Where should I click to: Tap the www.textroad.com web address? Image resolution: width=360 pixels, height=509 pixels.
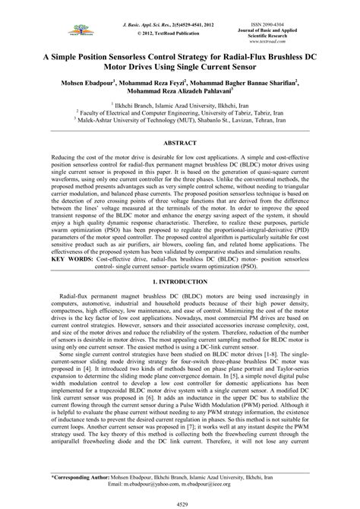[305, 43]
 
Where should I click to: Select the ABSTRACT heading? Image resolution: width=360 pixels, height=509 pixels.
[180, 142]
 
